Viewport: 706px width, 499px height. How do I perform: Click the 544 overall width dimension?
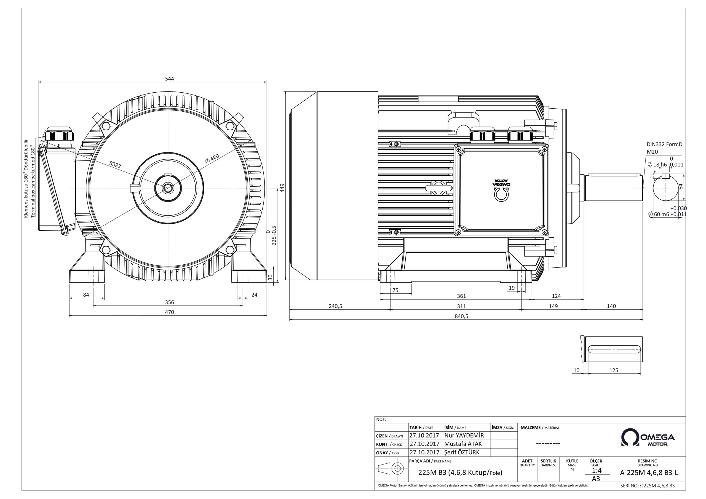169,79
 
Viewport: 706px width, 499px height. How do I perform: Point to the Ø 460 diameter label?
212,158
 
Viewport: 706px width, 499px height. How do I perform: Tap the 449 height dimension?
282,188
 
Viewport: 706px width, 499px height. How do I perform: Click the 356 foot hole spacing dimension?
169,302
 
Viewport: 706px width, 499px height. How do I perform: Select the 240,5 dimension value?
335,306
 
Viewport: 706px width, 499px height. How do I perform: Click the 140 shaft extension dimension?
611,306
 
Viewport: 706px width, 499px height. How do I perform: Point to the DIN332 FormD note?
664,144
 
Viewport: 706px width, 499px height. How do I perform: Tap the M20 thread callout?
652,152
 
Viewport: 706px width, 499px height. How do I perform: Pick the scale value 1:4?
597,470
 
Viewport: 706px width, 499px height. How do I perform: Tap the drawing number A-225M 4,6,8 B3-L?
648,473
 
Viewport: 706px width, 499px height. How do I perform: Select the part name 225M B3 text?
460,473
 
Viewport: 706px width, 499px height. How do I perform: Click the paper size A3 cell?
596,479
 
